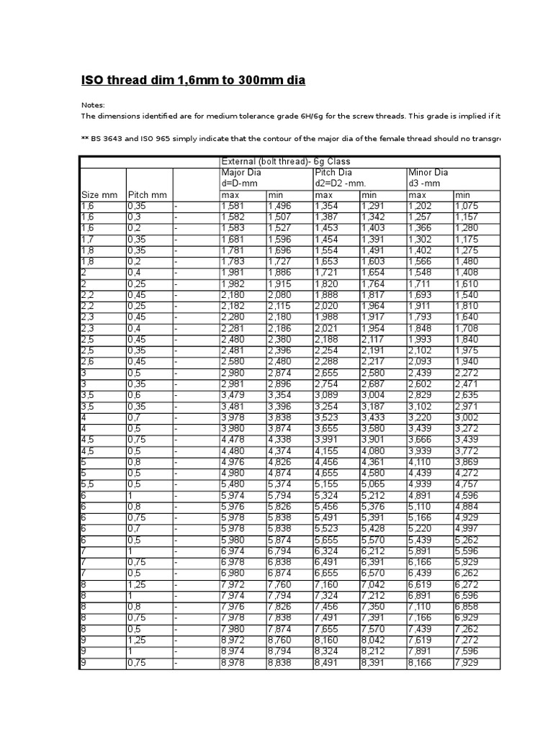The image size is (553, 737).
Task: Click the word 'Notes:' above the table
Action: [92, 105]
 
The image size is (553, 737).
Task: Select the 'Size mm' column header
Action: [99, 195]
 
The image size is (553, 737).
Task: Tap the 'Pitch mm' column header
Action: [147, 195]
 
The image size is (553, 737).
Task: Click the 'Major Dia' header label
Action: [241, 173]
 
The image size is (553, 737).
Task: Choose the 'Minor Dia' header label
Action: [428, 173]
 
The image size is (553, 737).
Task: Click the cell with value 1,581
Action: [233, 206]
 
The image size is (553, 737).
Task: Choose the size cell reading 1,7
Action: [87, 239]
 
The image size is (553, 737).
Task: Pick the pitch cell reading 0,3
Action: [135, 217]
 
